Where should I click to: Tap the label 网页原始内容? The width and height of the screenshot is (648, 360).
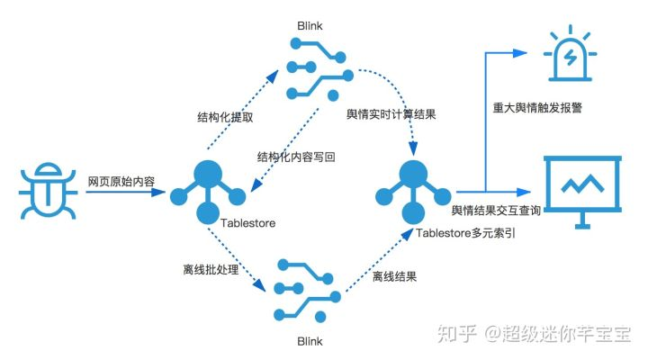pyautogui.click(x=121, y=182)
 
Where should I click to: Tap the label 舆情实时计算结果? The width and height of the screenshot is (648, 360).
pyautogui.click(x=391, y=115)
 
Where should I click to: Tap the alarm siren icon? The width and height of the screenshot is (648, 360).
pyautogui.click(x=569, y=51)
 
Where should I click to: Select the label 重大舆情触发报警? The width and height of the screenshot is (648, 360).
pyautogui.click(x=536, y=108)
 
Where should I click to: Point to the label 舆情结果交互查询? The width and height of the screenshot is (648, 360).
pyautogui.click(x=495, y=210)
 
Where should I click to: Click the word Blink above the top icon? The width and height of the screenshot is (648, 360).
pyautogui.click(x=310, y=27)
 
